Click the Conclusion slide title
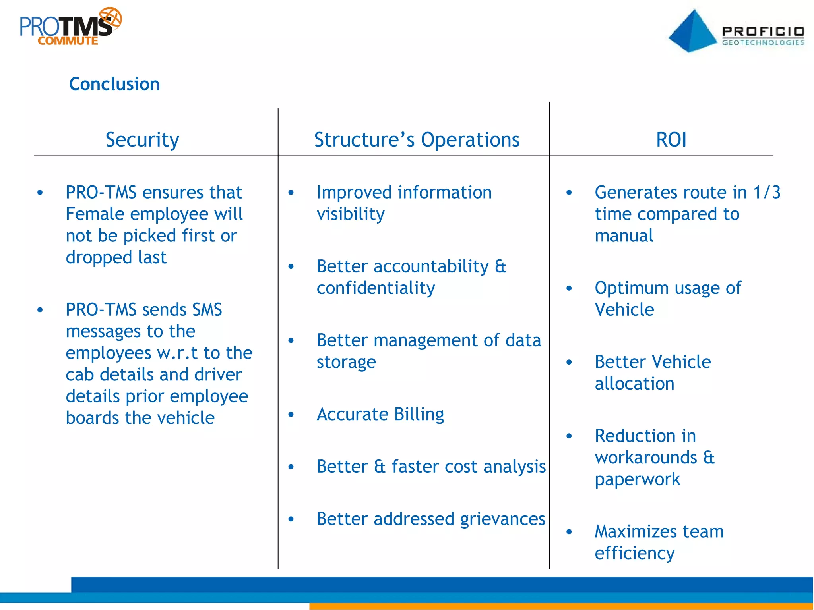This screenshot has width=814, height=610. coord(114,84)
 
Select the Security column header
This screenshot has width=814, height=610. coord(142,140)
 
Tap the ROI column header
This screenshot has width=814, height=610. coord(671,140)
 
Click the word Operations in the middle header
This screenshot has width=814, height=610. coord(470,140)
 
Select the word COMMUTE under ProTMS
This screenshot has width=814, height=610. coord(68,41)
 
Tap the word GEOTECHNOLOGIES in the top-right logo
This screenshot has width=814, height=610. coord(763,42)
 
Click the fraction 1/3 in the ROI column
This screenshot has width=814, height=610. coord(767,192)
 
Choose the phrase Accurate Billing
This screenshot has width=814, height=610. coord(380,414)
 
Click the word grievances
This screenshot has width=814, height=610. coord(502,519)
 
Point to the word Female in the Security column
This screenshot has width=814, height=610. coord(95,214)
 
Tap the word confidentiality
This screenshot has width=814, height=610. coord(376,288)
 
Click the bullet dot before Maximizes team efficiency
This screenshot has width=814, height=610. coord(569,532)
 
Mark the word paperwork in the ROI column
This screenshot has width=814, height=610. coord(638,479)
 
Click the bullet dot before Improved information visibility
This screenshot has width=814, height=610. coord(291,193)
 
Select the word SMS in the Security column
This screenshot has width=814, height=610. coord(207,310)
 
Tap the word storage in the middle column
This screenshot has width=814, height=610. coord(346,362)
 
